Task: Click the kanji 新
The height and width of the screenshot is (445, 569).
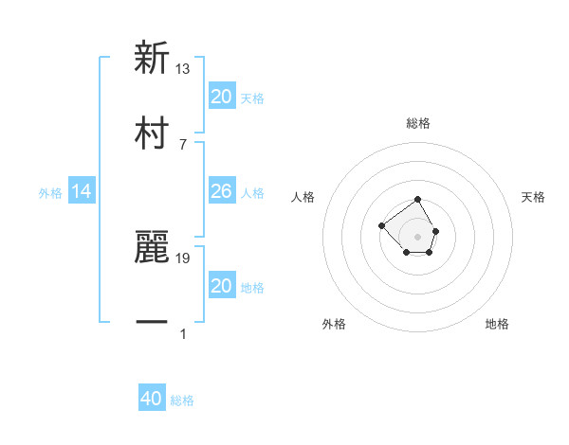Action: pyautogui.click(x=152, y=59)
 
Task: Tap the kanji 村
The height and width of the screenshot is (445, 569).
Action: pyautogui.click(x=152, y=133)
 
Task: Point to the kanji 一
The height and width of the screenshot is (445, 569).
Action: pyautogui.click(x=152, y=323)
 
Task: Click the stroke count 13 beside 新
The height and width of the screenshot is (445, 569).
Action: pyautogui.click(x=183, y=69)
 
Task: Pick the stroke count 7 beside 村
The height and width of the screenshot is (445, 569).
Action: pyautogui.click(x=183, y=144)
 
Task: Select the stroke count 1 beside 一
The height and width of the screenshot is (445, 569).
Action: pyautogui.click(x=183, y=333)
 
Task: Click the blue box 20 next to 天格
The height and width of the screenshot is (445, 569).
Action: pyautogui.click(x=221, y=97)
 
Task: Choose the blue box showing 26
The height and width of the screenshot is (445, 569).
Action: pyautogui.click(x=221, y=192)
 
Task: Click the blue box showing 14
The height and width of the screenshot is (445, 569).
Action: pyautogui.click(x=82, y=192)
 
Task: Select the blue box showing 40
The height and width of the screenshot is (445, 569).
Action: pyautogui.click(x=152, y=400)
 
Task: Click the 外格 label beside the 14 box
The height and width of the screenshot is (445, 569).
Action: pyautogui.click(x=50, y=193)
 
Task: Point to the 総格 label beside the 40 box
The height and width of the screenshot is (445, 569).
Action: pyautogui.click(x=182, y=400)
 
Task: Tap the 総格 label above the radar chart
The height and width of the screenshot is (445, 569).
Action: pyautogui.click(x=418, y=123)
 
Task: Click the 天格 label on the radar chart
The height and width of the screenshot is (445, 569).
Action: pyautogui.click(x=533, y=197)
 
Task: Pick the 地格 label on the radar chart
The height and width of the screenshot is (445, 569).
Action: pyautogui.click(x=497, y=324)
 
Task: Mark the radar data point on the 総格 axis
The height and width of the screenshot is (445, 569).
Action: pyautogui.click(x=418, y=200)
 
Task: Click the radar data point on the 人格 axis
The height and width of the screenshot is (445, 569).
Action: pyautogui.click(x=381, y=225)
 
